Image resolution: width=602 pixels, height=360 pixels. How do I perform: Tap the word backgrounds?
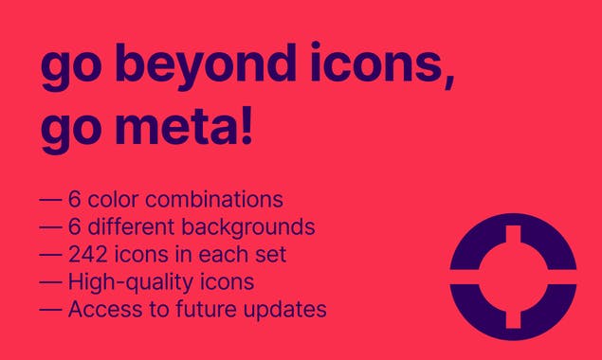[257, 227]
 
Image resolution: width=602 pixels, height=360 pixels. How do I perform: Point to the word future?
[198, 309]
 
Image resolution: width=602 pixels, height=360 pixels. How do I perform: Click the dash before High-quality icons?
[49, 282]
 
